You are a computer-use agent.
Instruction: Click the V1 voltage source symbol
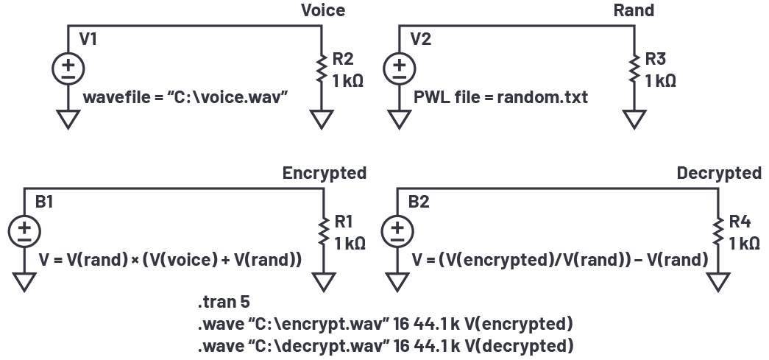[68, 68]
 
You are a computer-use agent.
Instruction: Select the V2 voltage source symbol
[399, 68]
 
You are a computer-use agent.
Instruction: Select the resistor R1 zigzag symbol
[322, 231]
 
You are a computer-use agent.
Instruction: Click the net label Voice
[322, 10]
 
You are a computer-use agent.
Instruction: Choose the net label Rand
[634, 10]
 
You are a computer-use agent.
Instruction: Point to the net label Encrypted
[324, 173]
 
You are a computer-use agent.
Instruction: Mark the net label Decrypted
[718, 173]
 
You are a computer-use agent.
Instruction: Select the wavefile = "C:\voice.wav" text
[184, 97]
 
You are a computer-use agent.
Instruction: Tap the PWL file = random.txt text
[501, 97]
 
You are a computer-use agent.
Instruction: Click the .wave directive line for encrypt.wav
[385, 323]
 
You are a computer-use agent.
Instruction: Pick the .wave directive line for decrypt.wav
[385, 345]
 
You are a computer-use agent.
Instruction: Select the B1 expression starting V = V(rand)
[171, 259]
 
